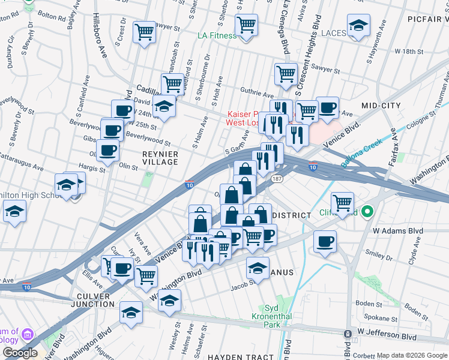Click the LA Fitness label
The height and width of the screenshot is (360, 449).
point(217,35)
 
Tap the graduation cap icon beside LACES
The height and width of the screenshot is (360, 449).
point(358,25)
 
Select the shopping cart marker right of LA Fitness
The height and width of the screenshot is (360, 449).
point(246,25)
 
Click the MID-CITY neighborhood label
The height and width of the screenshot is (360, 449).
point(381,106)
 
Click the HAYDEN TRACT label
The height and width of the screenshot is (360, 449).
point(240,357)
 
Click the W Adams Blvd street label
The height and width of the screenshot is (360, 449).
point(397,230)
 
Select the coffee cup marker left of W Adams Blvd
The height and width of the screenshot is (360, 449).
point(325,241)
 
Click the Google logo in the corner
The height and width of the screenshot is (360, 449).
point(20,353)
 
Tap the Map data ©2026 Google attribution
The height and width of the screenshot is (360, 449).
point(412,356)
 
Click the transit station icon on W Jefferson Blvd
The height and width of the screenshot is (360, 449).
point(348,334)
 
